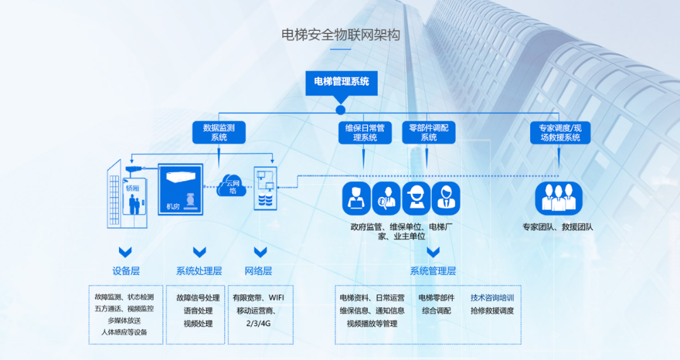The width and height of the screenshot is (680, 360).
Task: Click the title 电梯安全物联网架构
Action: (341, 35)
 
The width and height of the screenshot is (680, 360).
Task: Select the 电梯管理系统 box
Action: (341, 82)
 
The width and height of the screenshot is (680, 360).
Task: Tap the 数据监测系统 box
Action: (218, 132)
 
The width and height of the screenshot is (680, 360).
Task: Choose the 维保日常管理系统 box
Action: (365, 132)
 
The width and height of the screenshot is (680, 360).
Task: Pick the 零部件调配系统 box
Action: (428, 132)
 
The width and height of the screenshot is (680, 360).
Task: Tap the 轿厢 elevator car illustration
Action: (135, 198)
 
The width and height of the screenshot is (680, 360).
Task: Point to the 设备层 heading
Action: (126, 271)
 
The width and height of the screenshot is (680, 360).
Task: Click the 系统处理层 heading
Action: (199, 271)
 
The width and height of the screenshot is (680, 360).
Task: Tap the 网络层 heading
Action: (258, 271)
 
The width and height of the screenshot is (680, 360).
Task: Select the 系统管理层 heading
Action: (433, 271)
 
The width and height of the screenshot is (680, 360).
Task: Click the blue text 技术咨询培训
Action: (492, 298)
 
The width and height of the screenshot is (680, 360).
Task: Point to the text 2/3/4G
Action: (258, 323)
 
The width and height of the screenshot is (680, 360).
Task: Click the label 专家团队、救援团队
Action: (558, 227)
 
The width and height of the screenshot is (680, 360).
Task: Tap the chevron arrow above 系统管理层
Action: (433, 252)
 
